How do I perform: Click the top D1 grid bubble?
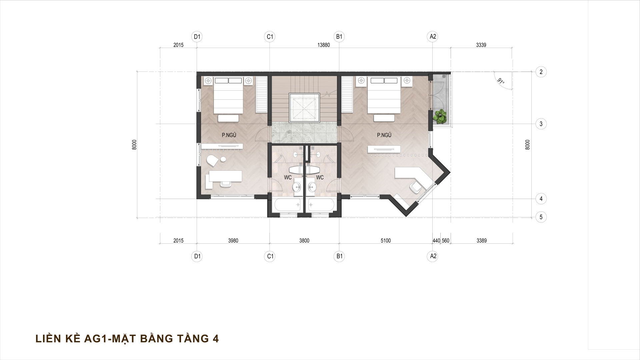coord(197,37)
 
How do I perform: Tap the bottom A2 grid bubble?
coord(433,256)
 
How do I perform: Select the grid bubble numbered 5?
coord(541,217)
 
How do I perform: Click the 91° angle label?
coord(500,82)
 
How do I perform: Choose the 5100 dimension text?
coord(385,241)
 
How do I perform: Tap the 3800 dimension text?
coord(304,241)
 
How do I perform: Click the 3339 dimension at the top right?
coord(481,45)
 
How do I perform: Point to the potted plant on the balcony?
coord(440,116)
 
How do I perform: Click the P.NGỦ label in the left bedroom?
coord(229,135)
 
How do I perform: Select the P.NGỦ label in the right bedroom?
coord(384,135)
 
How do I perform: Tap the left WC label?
coord(288,178)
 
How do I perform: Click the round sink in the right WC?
coord(312,187)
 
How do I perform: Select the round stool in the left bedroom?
coord(223,160)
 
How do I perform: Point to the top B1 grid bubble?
coord(339,37)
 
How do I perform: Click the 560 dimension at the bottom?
coord(446,241)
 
